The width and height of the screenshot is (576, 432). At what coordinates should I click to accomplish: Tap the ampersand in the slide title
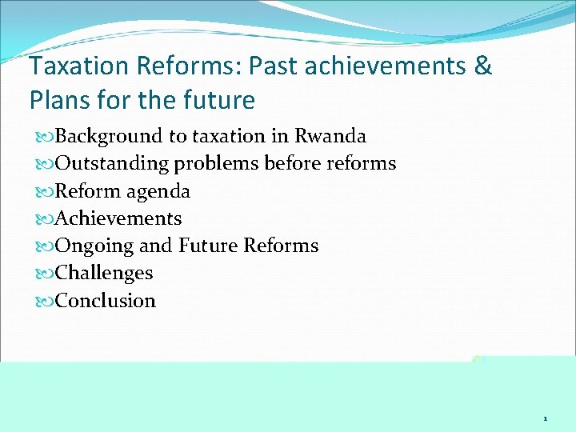[x=483, y=66]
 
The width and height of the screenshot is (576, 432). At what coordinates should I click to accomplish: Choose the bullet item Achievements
[x=118, y=218]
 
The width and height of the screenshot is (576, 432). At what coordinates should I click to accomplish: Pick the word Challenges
[x=103, y=273]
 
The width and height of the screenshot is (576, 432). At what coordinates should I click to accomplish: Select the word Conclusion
[x=105, y=301]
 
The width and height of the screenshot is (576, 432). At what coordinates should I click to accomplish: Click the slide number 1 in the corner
[x=545, y=418]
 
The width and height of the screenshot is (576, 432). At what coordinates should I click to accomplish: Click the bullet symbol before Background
[x=42, y=137]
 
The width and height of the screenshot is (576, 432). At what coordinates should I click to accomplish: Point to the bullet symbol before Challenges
[x=42, y=274]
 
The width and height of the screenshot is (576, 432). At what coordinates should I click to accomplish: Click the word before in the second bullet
[x=291, y=164]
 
